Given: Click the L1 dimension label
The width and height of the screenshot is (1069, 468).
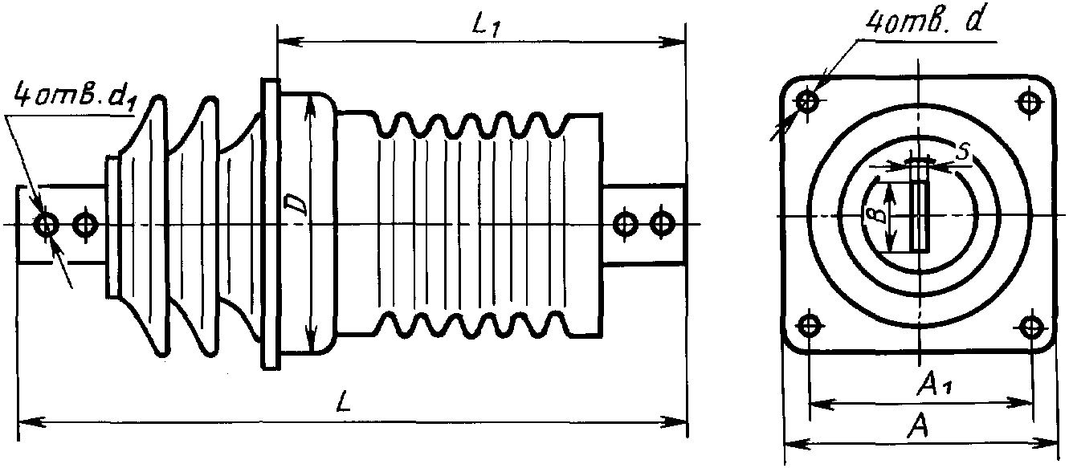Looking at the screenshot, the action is point(485,26).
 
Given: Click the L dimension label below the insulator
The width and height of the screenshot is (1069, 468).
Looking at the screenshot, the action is point(344,401).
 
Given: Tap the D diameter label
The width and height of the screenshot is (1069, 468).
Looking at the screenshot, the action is point(295,204).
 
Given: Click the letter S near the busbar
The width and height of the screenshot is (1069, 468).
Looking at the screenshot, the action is point(964,153).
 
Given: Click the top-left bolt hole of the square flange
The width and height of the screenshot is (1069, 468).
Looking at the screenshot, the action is point(808,101).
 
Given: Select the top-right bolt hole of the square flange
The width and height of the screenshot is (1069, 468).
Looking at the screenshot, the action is point(1030,101).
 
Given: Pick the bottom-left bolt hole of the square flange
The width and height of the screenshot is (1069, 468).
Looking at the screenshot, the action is point(809,326).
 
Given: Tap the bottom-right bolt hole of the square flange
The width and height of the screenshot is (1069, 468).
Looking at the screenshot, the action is point(1031,326).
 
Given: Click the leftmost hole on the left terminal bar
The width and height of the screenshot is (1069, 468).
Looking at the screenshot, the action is point(47,224).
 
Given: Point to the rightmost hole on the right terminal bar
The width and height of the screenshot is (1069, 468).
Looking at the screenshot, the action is point(663,223).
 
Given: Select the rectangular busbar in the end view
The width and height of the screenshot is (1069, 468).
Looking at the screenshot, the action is point(919,206).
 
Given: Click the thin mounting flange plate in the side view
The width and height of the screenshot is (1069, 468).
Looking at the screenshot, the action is point(270,224).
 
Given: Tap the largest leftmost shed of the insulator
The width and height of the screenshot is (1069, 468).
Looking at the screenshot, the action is point(144,226).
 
